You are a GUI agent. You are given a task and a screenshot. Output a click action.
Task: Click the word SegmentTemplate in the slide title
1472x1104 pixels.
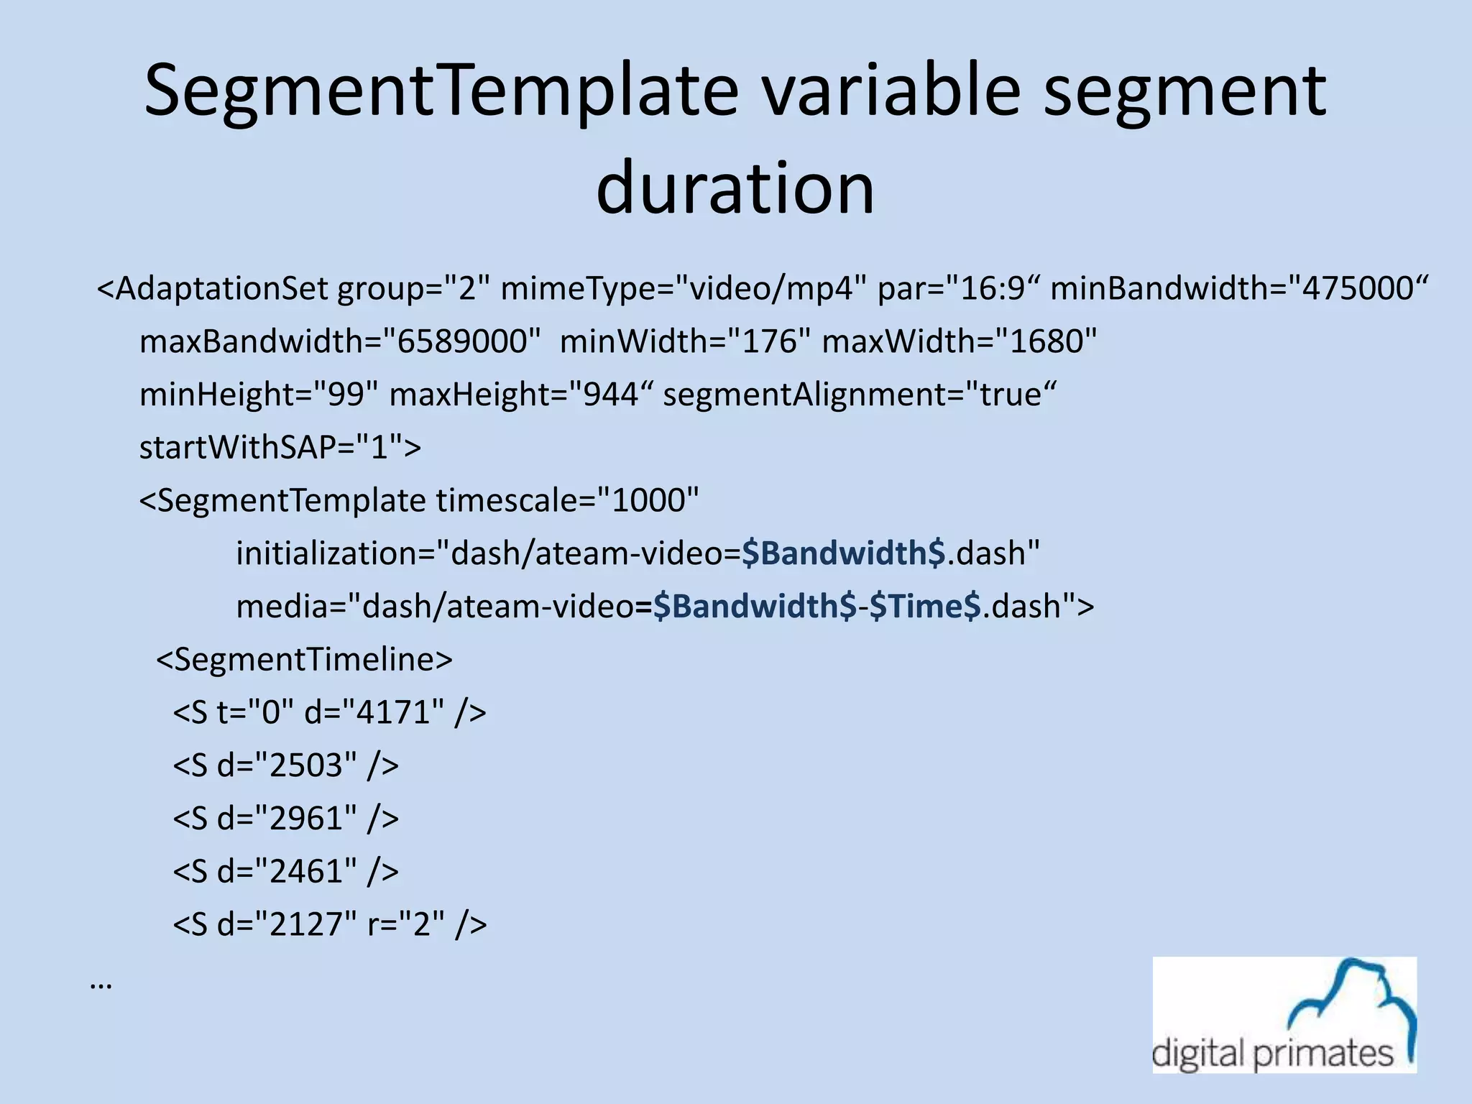441,91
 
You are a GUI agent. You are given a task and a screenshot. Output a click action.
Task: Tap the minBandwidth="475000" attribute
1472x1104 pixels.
1238,289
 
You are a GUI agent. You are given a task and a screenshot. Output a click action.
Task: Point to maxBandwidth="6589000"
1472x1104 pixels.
340,341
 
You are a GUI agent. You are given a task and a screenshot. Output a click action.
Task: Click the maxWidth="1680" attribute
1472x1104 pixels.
960,341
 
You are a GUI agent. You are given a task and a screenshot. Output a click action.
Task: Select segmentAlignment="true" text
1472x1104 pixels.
860,395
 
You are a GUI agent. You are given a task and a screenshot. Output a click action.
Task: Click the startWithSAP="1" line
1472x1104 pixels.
280,448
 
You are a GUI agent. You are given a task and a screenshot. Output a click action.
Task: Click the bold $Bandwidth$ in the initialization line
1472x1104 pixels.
844,553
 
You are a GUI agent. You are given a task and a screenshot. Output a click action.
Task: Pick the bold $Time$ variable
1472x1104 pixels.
924,607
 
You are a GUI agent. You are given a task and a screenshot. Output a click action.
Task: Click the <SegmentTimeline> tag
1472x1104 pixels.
304,659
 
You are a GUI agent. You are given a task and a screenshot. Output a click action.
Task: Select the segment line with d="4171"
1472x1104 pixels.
329,712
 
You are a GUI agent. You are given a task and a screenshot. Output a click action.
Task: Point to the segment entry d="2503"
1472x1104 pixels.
285,765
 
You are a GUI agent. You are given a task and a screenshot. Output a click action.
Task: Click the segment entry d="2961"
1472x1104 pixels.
285,819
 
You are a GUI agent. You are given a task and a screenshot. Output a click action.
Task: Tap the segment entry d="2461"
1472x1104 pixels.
285,871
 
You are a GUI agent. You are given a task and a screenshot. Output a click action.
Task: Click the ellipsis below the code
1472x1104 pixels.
101,985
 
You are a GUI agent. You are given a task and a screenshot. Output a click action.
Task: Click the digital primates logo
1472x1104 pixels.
1284,1015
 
